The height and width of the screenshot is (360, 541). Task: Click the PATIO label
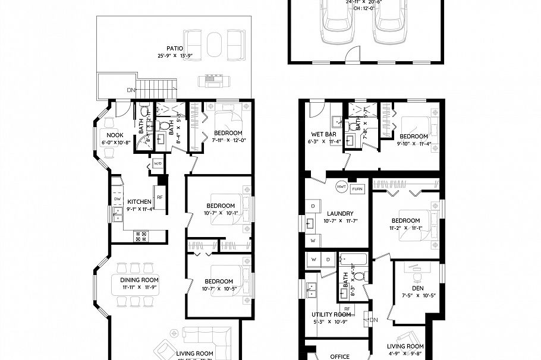point(175,49)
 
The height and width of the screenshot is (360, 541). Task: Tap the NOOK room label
point(115,135)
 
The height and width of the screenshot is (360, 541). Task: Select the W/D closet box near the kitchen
point(158,163)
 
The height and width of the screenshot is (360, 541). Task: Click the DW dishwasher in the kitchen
point(117,199)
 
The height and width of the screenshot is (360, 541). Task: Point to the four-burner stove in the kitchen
point(142,236)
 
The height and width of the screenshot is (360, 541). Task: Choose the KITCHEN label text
point(139,202)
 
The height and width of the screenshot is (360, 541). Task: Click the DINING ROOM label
point(139,280)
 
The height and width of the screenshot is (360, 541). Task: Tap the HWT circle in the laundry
point(341,185)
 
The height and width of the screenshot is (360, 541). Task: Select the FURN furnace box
point(357,188)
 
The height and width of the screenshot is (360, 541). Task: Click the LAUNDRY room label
point(340,213)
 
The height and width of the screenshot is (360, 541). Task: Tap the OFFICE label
point(339,356)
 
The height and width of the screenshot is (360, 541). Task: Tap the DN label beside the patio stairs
point(130,90)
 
